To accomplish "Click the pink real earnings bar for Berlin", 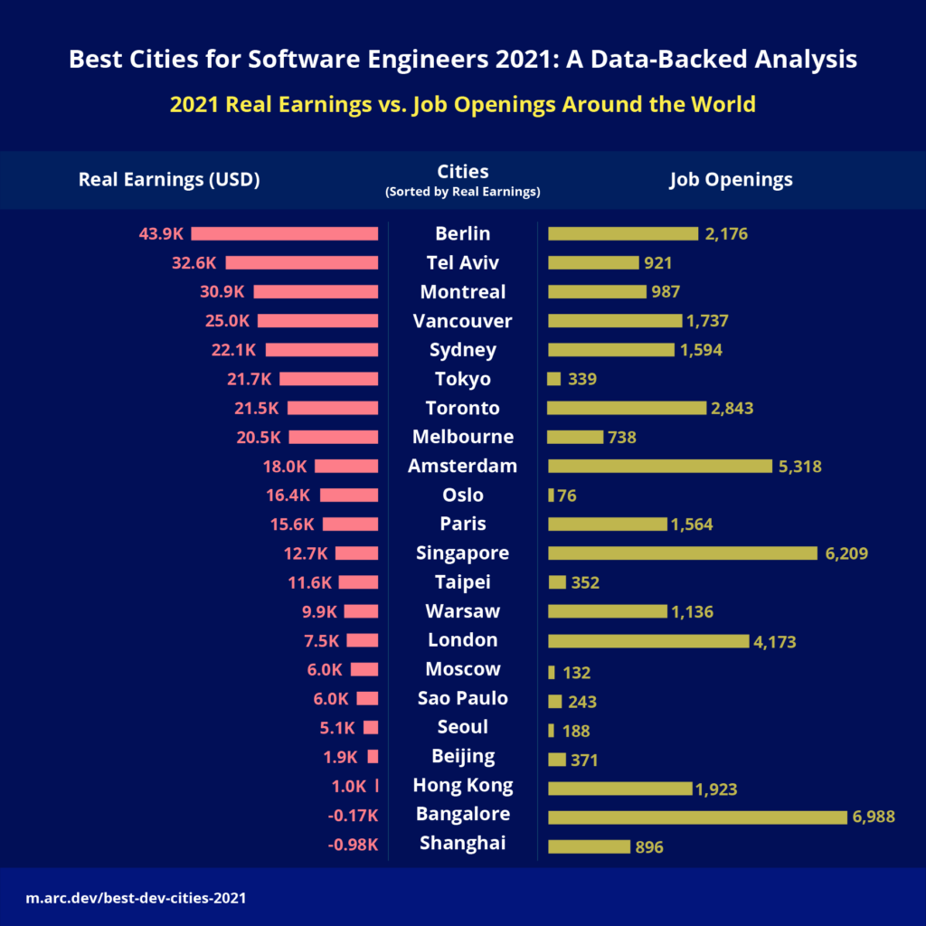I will [x=284, y=233].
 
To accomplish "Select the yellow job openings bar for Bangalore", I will [x=697, y=817].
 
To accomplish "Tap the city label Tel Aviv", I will [x=462, y=263].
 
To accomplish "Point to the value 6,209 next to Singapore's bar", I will [x=846, y=553].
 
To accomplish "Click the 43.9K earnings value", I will [x=161, y=234].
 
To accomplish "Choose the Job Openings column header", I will [x=731, y=179].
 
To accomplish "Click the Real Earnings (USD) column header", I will [x=169, y=179].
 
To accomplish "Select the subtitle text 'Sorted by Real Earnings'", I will [x=462, y=192].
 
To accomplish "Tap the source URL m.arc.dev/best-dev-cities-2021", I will [x=136, y=899].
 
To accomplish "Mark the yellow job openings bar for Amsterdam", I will [x=660, y=466].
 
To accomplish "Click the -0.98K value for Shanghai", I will [x=353, y=845].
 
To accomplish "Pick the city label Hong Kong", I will [x=462, y=785].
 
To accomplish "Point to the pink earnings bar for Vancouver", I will [x=317, y=321].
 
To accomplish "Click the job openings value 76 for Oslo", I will [x=567, y=496].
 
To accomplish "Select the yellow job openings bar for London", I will [x=648, y=641].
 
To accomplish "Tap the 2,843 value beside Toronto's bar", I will [x=732, y=409].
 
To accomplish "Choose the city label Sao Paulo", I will [x=462, y=698].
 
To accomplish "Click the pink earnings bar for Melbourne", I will [x=333, y=437].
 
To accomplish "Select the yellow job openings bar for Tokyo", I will [x=554, y=379].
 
